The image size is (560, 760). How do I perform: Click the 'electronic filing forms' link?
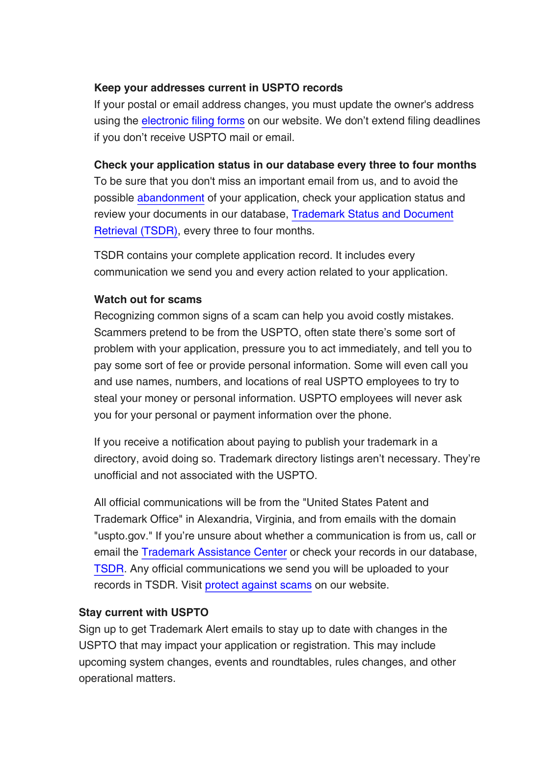click(x=193, y=121)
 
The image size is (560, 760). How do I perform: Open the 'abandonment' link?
click(x=171, y=198)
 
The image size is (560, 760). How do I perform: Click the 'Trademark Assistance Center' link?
click(x=214, y=552)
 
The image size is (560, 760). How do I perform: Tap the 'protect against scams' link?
click(x=258, y=585)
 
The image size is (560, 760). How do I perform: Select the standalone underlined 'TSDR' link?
click(x=108, y=569)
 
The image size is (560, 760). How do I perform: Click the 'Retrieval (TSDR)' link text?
click(x=135, y=231)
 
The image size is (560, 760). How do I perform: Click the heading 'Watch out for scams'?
click(x=148, y=300)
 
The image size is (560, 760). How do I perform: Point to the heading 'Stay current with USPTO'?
click(x=143, y=613)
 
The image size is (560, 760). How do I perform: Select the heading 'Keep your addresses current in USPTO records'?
click(x=218, y=88)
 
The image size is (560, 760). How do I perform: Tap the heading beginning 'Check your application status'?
click(x=285, y=165)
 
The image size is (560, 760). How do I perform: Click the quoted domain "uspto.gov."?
click(x=121, y=536)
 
